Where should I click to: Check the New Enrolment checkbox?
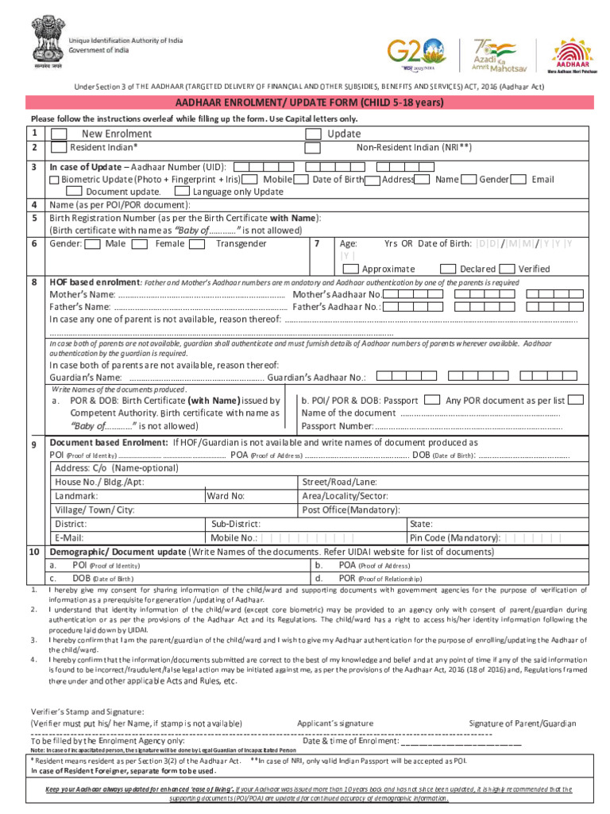pyautogui.click(x=59, y=134)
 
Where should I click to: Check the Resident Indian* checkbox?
pyautogui.click(x=59, y=147)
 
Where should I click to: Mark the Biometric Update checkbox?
pyautogui.click(x=53, y=180)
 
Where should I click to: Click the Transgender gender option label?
pyautogui.click(x=241, y=243)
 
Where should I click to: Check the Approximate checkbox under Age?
pyautogui.click(x=351, y=269)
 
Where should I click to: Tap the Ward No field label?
pyautogui.click(x=226, y=495)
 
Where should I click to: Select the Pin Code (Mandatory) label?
pyautogui.click(x=454, y=537)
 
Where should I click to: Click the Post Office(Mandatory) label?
pyautogui.click(x=351, y=510)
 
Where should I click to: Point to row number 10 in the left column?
pyautogui.click(x=34, y=551)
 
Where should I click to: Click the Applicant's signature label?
pyautogui.click(x=334, y=723)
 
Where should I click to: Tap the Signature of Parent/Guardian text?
pyautogui.click(x=522, y=723)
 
